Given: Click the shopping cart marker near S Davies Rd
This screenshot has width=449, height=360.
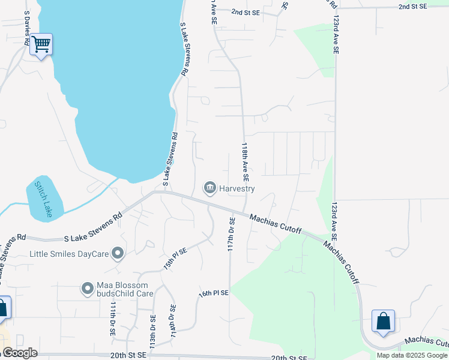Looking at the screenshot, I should click(41, 44).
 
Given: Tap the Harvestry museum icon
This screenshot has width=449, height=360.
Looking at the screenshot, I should click(210, 188).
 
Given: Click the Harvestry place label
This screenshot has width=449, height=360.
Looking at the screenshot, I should click(237, 188).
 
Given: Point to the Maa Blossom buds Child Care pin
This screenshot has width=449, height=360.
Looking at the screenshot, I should click(88, 289).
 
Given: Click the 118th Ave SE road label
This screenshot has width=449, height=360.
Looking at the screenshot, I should click(245, 162).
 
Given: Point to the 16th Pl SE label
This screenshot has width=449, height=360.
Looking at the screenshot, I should click(214, 293).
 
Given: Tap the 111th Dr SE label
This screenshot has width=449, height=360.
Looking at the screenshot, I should click(112, 318).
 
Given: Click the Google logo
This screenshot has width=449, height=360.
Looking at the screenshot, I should click(20, 353).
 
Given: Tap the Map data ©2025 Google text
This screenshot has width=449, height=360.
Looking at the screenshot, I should click(412, 355).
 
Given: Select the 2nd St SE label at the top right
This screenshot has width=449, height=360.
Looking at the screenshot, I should click(412, 6).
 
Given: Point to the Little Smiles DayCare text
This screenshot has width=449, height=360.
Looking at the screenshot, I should click(69, 254).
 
